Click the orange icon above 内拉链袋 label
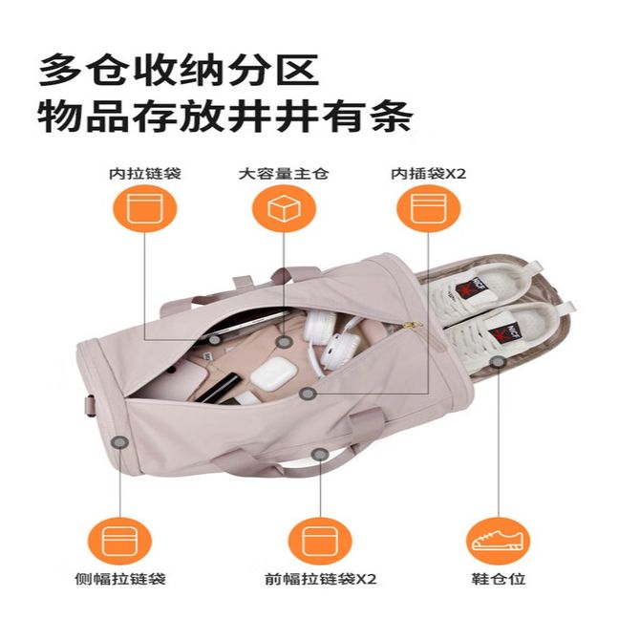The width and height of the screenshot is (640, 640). coord(145,208)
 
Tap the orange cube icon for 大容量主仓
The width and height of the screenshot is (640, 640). coord(284,208)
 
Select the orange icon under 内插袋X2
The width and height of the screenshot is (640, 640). coord(429,208)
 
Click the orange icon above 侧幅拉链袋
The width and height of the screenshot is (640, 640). coord(119,542)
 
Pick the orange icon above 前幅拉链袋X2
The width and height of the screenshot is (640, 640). coord(320,542)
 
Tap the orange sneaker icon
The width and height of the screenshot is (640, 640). coord(498,542)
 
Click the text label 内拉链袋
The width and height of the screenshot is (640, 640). coord(145,174)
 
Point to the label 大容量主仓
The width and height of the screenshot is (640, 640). coord(284,174)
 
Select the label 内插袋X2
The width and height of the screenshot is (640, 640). coord(429,174)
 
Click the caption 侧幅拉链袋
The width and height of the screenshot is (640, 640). coord(120,579)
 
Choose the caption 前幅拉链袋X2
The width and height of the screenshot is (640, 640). coord(321,579)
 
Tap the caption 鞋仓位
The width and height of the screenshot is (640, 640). coord(499,579)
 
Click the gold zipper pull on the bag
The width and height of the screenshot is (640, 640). coord(416,325)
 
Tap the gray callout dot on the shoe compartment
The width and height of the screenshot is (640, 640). coord(498,362)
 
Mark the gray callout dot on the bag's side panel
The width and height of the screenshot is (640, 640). coord(120,442)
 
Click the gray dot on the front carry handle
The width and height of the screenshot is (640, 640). coord(320,455)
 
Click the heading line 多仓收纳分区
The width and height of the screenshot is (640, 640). coord(179,70)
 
